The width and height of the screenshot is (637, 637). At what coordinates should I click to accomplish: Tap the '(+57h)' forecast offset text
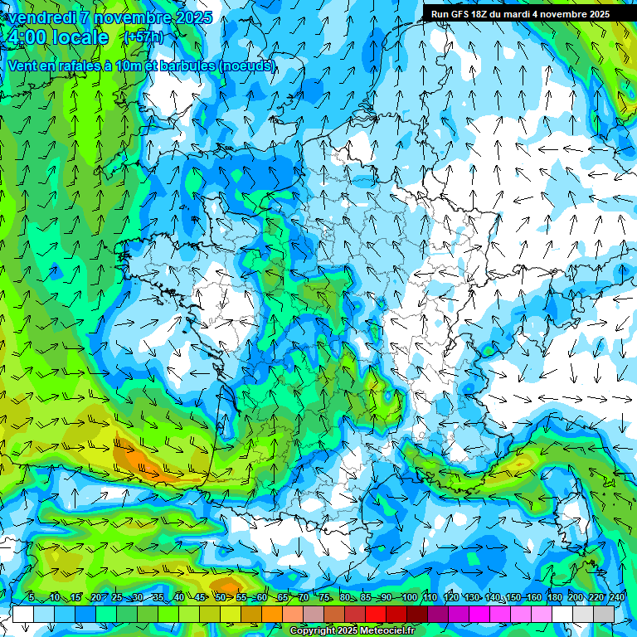(143, 37)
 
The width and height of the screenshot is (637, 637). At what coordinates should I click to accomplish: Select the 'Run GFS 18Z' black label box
(520, 13)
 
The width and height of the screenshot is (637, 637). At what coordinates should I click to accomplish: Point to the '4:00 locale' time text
(57, 37)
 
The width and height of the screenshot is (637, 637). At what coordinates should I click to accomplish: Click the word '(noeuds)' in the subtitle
(247, 66)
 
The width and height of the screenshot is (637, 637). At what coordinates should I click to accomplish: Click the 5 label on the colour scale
(32, 598)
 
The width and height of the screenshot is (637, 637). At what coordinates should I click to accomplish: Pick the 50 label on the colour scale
(220, 598)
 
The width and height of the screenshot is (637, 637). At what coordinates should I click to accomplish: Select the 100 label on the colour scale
(409, 598)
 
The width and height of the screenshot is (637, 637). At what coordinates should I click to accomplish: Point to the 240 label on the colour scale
(617, 598)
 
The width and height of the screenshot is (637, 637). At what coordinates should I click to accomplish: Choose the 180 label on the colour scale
(555, 598)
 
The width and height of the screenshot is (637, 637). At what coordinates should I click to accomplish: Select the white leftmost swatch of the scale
(23, 614)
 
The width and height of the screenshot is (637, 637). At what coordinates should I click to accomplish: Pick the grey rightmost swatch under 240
(605, 614)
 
